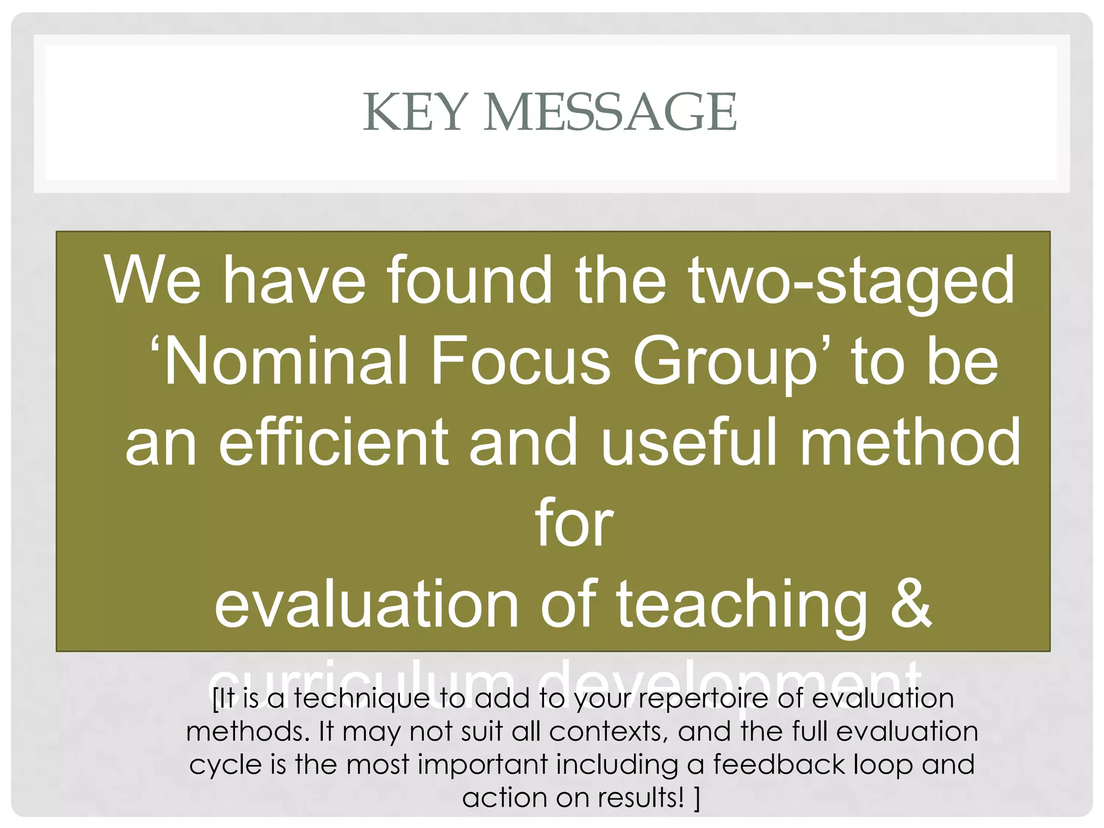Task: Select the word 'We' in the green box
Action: [153, 280]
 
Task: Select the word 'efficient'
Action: [333, 442]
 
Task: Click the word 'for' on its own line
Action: [574, 523]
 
